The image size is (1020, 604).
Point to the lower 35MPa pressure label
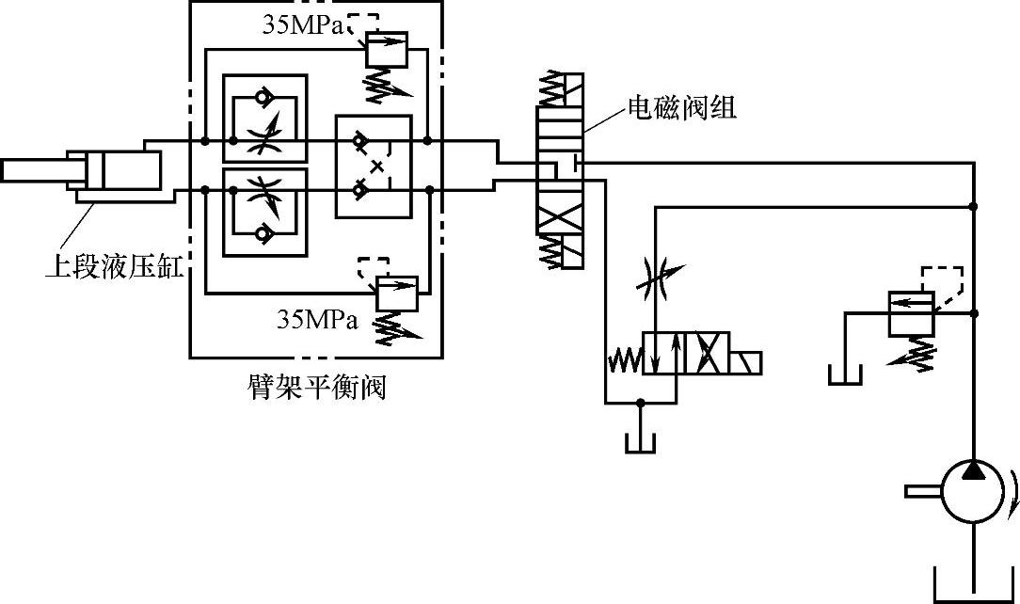click(317, 320)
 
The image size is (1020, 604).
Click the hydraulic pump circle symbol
click(975, 491)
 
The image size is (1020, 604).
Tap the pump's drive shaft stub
click(924, 491)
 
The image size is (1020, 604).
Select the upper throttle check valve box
click(264, 118)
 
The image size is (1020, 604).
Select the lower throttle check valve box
click(264, 213)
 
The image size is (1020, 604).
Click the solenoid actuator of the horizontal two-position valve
click(745, 361)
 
